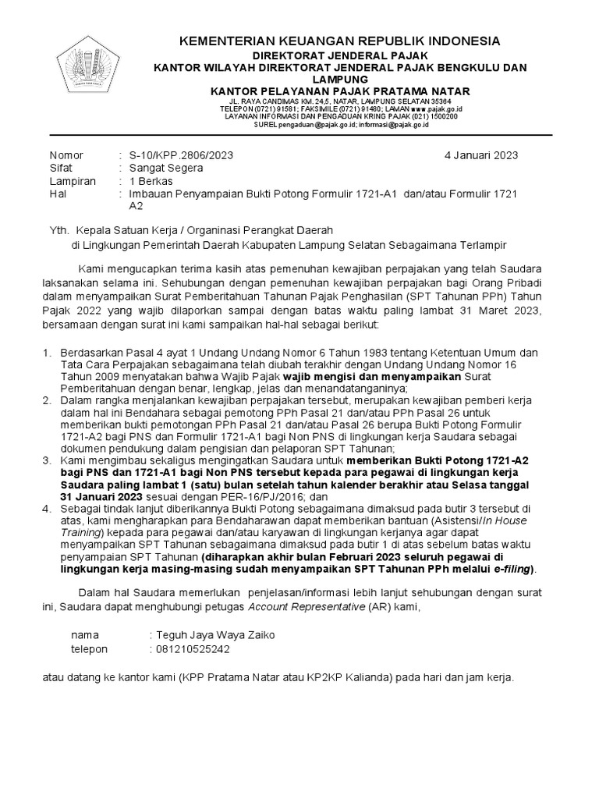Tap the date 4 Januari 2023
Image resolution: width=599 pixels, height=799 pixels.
coord(481,155)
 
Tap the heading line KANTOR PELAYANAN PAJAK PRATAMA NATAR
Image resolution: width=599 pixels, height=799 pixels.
coord(338,91)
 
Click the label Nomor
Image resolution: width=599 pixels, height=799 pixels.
coord(66,155)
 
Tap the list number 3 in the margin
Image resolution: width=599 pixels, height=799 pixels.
coord(47,461)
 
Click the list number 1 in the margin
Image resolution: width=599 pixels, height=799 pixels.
coord(47,352)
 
